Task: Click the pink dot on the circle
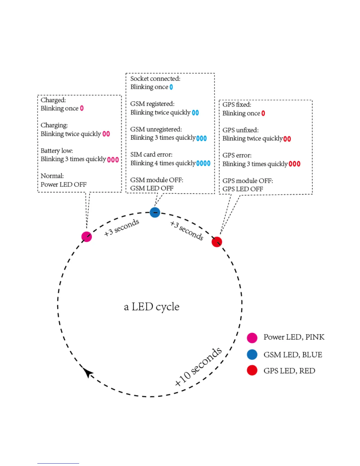(x=86, y=237)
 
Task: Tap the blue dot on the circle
(x=155, y=212)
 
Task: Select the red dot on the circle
(x=217, y=242)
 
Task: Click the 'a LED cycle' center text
(x=151, y=307)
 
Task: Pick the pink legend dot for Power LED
(x=252, y=338)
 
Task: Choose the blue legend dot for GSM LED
(x=252, y=355)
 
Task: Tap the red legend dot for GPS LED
(x=252, y=370)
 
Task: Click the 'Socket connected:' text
(x=155, y=79)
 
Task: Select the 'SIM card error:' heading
(x=151, y=154)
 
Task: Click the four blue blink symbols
(x=203, y=163)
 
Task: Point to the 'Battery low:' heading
(x=57, y=151)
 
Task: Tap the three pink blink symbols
(x=113, y=159)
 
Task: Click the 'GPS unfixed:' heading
(x=240, y=130)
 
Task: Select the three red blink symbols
(x=294, y=164)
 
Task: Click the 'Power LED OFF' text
(x=64, y=184)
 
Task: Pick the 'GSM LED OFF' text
(x=152, y=188)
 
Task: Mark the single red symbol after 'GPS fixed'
(x=263, y=113)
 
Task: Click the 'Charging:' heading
(x=54, y=125)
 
